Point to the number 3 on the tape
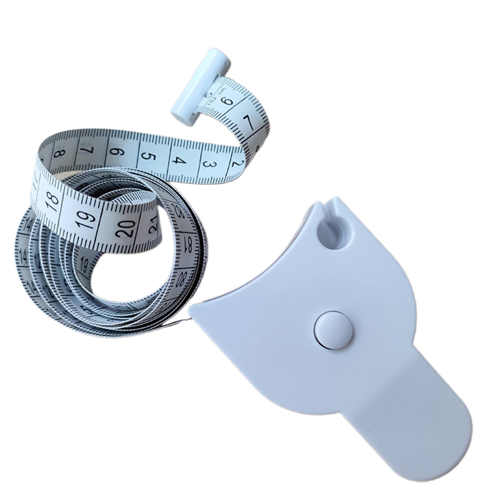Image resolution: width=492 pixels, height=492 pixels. click(x=209, y=164)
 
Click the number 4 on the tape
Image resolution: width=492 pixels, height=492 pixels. click(x=180, y=160)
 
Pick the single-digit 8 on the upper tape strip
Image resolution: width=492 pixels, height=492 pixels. click(x=59, y=152)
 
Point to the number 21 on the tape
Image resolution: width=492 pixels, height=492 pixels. click(x=153, y=224)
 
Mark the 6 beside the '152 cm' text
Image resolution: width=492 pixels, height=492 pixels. click(x=228, y=100)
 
